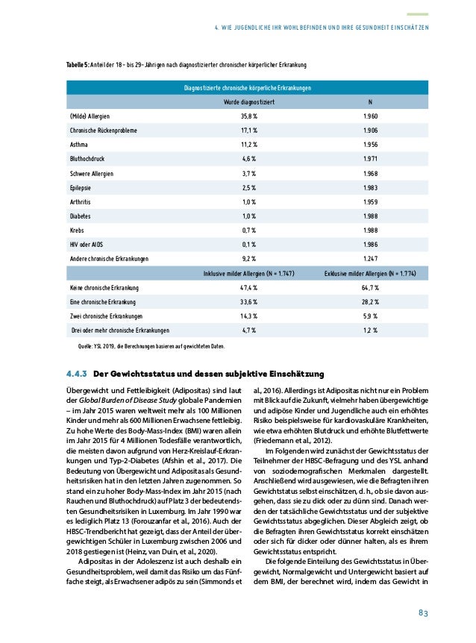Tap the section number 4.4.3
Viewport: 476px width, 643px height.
coord(78,373)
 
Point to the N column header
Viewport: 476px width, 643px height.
coord(371,101)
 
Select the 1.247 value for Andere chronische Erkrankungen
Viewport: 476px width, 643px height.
coord(371,258)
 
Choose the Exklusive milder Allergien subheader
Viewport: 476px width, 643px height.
coord(371,273)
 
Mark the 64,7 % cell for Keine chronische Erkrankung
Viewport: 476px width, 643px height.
coord(371,287)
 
